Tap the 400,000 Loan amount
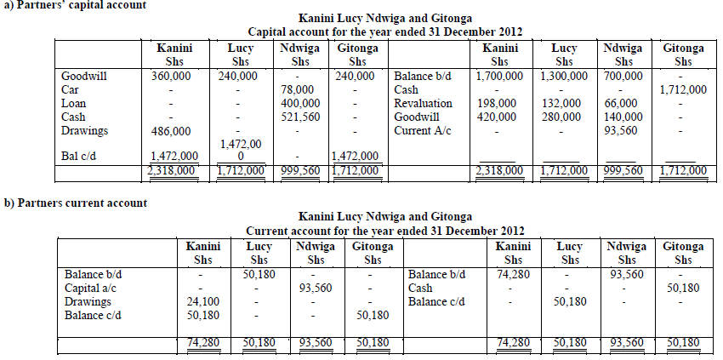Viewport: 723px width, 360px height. pyautogui.click(x=299, y=103)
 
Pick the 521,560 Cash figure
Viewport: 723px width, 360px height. pyautogui.click(x=299, y=117)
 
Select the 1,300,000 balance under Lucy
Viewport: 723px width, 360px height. pyautogui.click(x=563, y=76)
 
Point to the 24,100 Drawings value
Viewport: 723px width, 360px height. pyautogui.click(x=203, y=301)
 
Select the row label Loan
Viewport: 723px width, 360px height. pyautogui.click(x=74, y=103)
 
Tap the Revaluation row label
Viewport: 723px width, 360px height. pyautogui.click(x=423, y=103)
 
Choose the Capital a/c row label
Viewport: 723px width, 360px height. pyautogui.click(x=90, y=288)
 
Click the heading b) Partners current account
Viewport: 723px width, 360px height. pyautogui.click(x=76, y=203)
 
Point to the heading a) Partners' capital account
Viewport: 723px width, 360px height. pyautogui.click(x=75, y=5)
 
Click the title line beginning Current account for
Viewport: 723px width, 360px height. pyautogui.click(x=385, y=231)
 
